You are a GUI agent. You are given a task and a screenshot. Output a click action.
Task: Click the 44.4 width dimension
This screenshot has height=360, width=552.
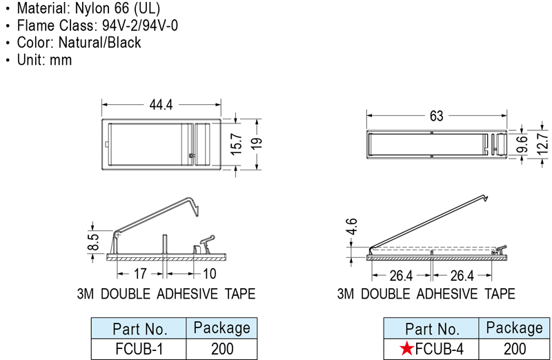pos(161,105)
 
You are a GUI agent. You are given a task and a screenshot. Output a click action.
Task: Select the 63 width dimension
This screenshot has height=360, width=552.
pos(436,116)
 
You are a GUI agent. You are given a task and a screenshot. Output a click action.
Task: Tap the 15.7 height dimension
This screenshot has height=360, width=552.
pos(237,144)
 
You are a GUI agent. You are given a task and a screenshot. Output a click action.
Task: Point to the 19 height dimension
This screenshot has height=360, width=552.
pos(257,143)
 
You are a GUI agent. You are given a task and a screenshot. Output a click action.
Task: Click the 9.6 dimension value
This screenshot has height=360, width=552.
pos(522,144)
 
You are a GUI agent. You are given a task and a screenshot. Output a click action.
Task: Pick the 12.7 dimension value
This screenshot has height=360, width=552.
pos(542,143)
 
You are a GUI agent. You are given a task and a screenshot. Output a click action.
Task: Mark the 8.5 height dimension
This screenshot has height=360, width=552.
pos(93,243)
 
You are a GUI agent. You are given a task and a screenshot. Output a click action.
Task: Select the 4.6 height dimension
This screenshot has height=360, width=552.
pos(351,227)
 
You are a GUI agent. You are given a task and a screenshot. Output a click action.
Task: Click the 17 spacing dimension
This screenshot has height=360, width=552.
pos(140,273)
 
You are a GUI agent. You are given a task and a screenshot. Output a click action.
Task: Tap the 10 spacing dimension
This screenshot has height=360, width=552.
pos(210,273)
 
